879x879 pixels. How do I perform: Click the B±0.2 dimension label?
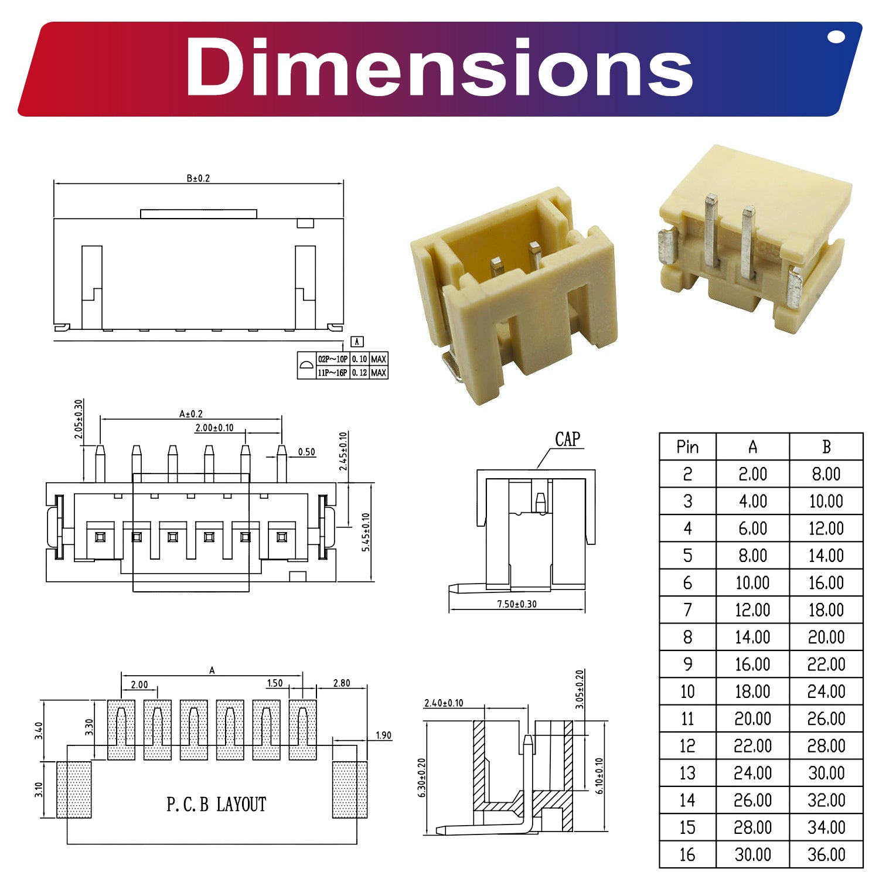198,178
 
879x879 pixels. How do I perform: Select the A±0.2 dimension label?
191,414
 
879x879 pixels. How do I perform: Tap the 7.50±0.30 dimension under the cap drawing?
517,604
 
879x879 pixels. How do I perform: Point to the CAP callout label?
567,439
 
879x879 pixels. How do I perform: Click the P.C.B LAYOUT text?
216,804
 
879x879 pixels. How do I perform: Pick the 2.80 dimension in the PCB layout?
341,683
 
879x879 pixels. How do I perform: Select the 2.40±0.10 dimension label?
444,703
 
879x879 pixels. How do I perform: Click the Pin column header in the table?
687,447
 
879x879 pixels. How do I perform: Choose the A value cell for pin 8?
752,637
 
